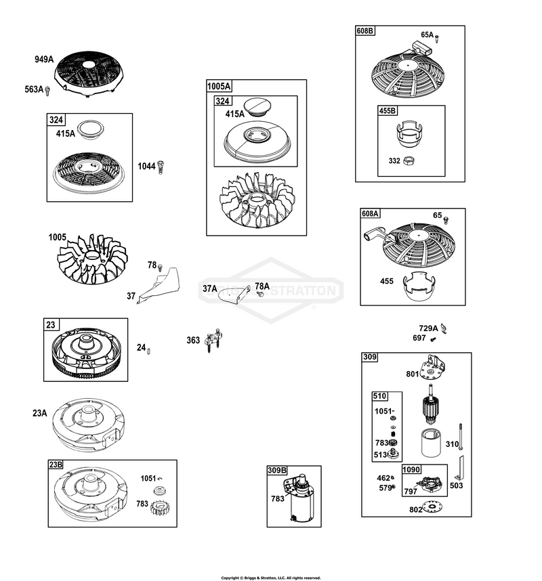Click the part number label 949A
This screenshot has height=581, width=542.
point(44,60)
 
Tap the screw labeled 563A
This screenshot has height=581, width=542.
point(47,91)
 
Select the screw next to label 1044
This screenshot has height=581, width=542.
point(161,167)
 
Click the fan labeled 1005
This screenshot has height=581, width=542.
point(92,259)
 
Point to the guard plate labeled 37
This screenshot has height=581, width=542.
point(159,286)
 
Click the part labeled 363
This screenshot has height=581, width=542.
point(214,340)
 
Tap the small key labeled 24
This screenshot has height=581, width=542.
point(148,351)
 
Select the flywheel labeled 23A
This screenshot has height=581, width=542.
point(88,425)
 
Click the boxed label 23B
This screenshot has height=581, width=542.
point(56,465)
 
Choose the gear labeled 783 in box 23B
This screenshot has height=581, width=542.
point(160,508)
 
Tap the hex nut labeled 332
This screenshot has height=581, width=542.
point(408,160)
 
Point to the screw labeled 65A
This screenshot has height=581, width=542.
point(437,38)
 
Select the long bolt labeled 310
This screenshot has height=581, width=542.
point(461,437)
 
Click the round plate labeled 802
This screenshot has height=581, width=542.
point(434,507)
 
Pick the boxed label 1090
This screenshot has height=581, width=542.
point(411,469)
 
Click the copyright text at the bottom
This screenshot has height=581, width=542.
point(271,578)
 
